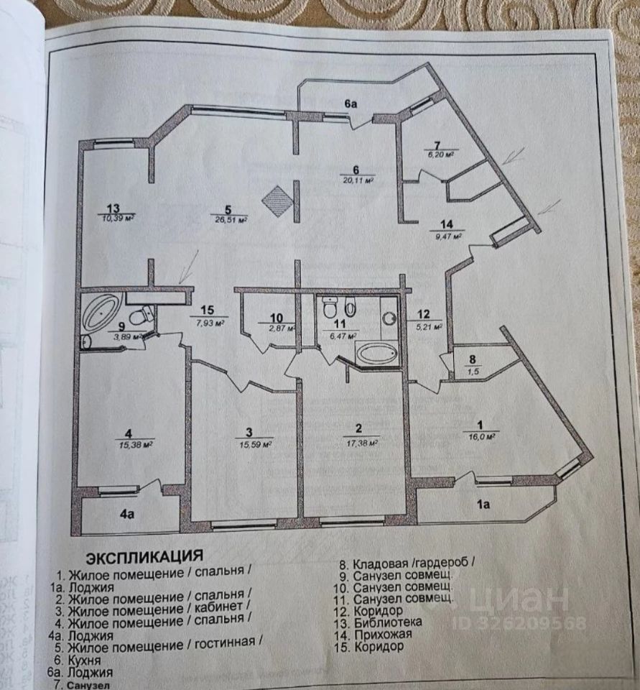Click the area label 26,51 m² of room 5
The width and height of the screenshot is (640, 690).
point(231,221)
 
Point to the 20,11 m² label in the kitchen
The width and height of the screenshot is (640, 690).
point(360,181)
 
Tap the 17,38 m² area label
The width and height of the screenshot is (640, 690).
point(361,443)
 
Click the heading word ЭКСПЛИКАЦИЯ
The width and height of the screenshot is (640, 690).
point(143,557)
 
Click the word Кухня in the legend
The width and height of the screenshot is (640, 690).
point(83,660)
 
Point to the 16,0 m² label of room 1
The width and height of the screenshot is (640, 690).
point(481,435)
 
